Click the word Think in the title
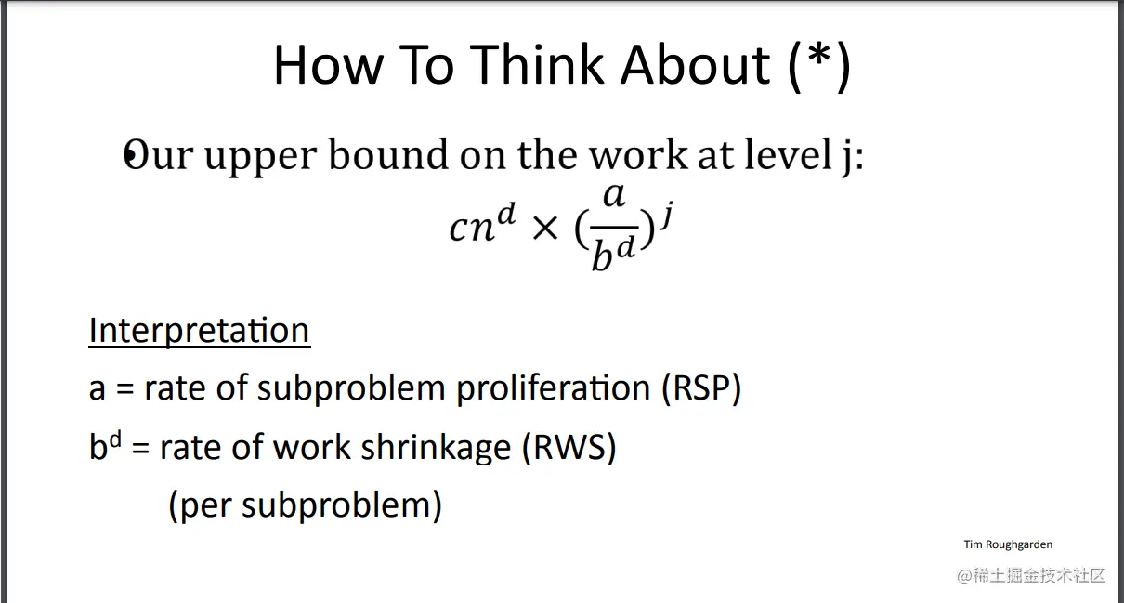(536, 65)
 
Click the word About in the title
(695, 65)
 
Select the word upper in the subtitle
(260, 158)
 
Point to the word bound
(388, 153)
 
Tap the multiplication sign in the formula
(545, 229)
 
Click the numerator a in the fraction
(614, 195)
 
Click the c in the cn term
(459, 229)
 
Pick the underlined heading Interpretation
(200, 331)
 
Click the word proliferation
(553, 389)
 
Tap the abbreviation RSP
(701, 388)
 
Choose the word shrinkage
(436, 449)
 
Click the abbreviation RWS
(569, 447)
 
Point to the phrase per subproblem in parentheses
(306, 505)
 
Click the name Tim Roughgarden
(1008, 544)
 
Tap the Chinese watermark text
(1032, 575)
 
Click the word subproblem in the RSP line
(351, 389)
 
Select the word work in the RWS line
(311, 447)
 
